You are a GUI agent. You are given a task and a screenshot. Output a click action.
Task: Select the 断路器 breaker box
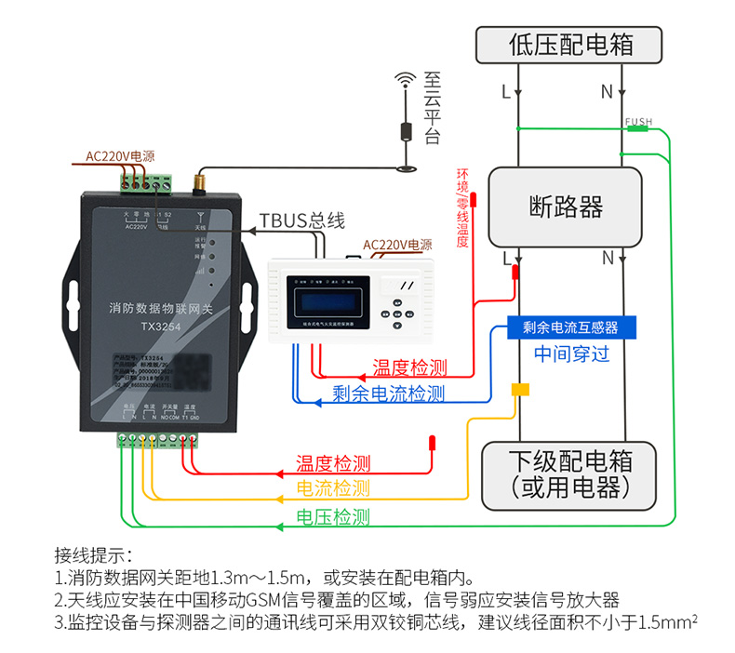click(566, 207)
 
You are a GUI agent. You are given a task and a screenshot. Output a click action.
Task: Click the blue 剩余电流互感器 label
click(570, 327)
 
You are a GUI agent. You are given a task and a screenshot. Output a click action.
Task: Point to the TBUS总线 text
click(301, 221)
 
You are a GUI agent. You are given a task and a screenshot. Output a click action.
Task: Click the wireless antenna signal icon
click(405, 80)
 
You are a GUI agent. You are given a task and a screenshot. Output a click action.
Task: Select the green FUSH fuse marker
click(637, 128)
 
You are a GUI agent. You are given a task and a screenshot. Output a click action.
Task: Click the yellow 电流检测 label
click(332, 488)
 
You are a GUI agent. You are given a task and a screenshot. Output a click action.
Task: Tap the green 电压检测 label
click(332, 517)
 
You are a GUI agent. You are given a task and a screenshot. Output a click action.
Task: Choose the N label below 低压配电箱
click(607, 92)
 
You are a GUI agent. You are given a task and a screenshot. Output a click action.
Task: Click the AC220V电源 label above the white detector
click(397, 246)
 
